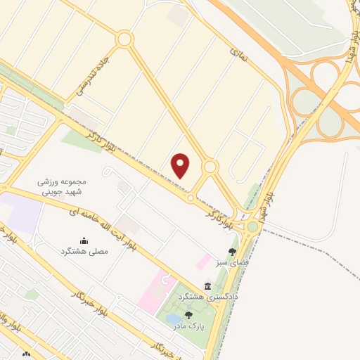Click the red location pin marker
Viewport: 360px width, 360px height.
point(181,165)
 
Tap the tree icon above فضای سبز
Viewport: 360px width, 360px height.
point(232,252)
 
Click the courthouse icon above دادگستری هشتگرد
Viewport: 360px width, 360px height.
point(208,286)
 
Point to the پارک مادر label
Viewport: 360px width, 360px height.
point(188,326)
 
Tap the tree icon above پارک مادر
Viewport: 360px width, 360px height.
point(188,316)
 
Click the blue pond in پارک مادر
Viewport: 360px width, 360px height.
point(173,320)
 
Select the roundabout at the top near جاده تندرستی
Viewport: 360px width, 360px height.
point(124,39)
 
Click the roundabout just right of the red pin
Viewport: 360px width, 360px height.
point(210,167)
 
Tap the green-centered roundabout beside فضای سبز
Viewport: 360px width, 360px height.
point(252,226)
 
